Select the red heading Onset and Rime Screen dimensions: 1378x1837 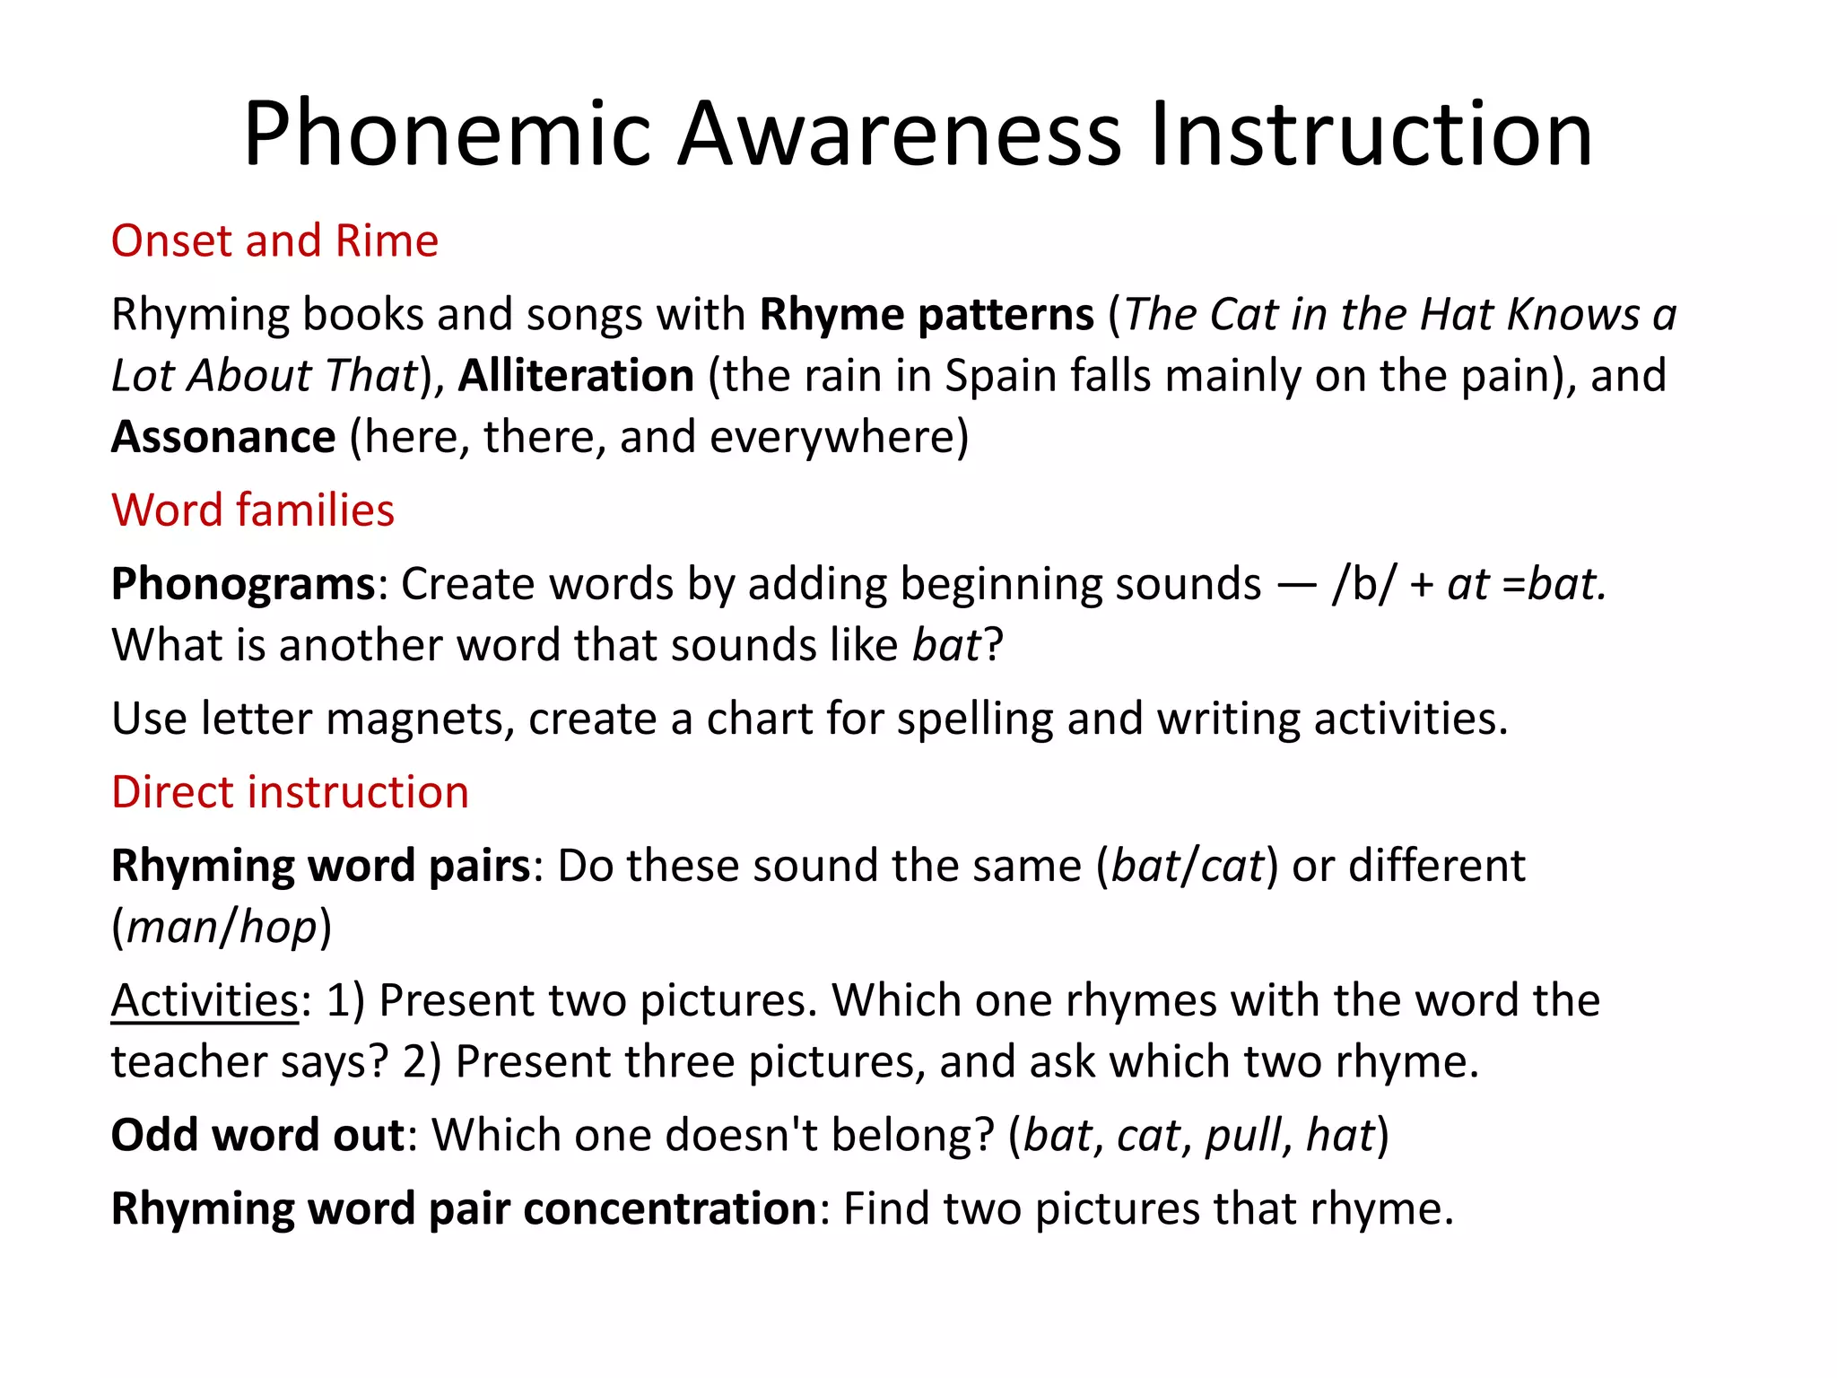pyautogui.click(x=274, y=240)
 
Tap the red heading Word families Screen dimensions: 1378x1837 pyautogui.click(x=253, y=510)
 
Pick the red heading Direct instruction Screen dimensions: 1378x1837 pyautogui.click(x=290, y=792)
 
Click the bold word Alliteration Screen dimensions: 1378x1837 pyautogui.click(x=576, y=375)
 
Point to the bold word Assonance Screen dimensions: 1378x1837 pyautogui.click(x=223, y=437)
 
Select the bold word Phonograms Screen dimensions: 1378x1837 pyautogui.click(x=243, y=584)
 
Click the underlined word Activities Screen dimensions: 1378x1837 pyautogui.click(x=205, y=1000)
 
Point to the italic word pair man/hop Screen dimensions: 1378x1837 pyautogui.click(x=222, y=927)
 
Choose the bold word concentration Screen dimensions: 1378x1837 pyautogui.click(x=669, y=1208)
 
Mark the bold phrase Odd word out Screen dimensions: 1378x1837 pyautogui.click(x=258, y=1135)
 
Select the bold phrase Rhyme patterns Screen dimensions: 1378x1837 pyautogui.click(x=927, y=314)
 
